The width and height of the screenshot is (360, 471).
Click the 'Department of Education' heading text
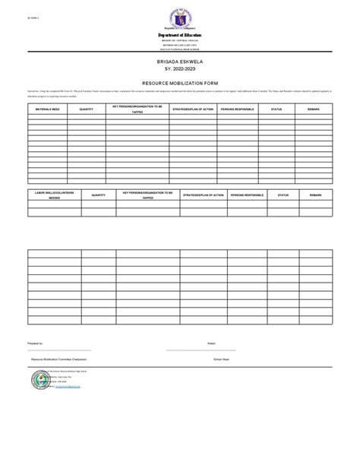pos(180,36)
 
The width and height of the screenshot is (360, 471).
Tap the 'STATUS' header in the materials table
pos(276,109)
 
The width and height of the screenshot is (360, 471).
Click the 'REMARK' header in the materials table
pos(314,109)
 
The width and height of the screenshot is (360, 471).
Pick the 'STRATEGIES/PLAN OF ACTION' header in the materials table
pos(194,109)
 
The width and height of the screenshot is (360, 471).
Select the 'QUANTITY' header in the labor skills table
pos(99,195)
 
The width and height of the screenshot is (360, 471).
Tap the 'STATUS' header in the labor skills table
pos(283,195)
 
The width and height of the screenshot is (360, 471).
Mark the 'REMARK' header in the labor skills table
pos(315,195)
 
